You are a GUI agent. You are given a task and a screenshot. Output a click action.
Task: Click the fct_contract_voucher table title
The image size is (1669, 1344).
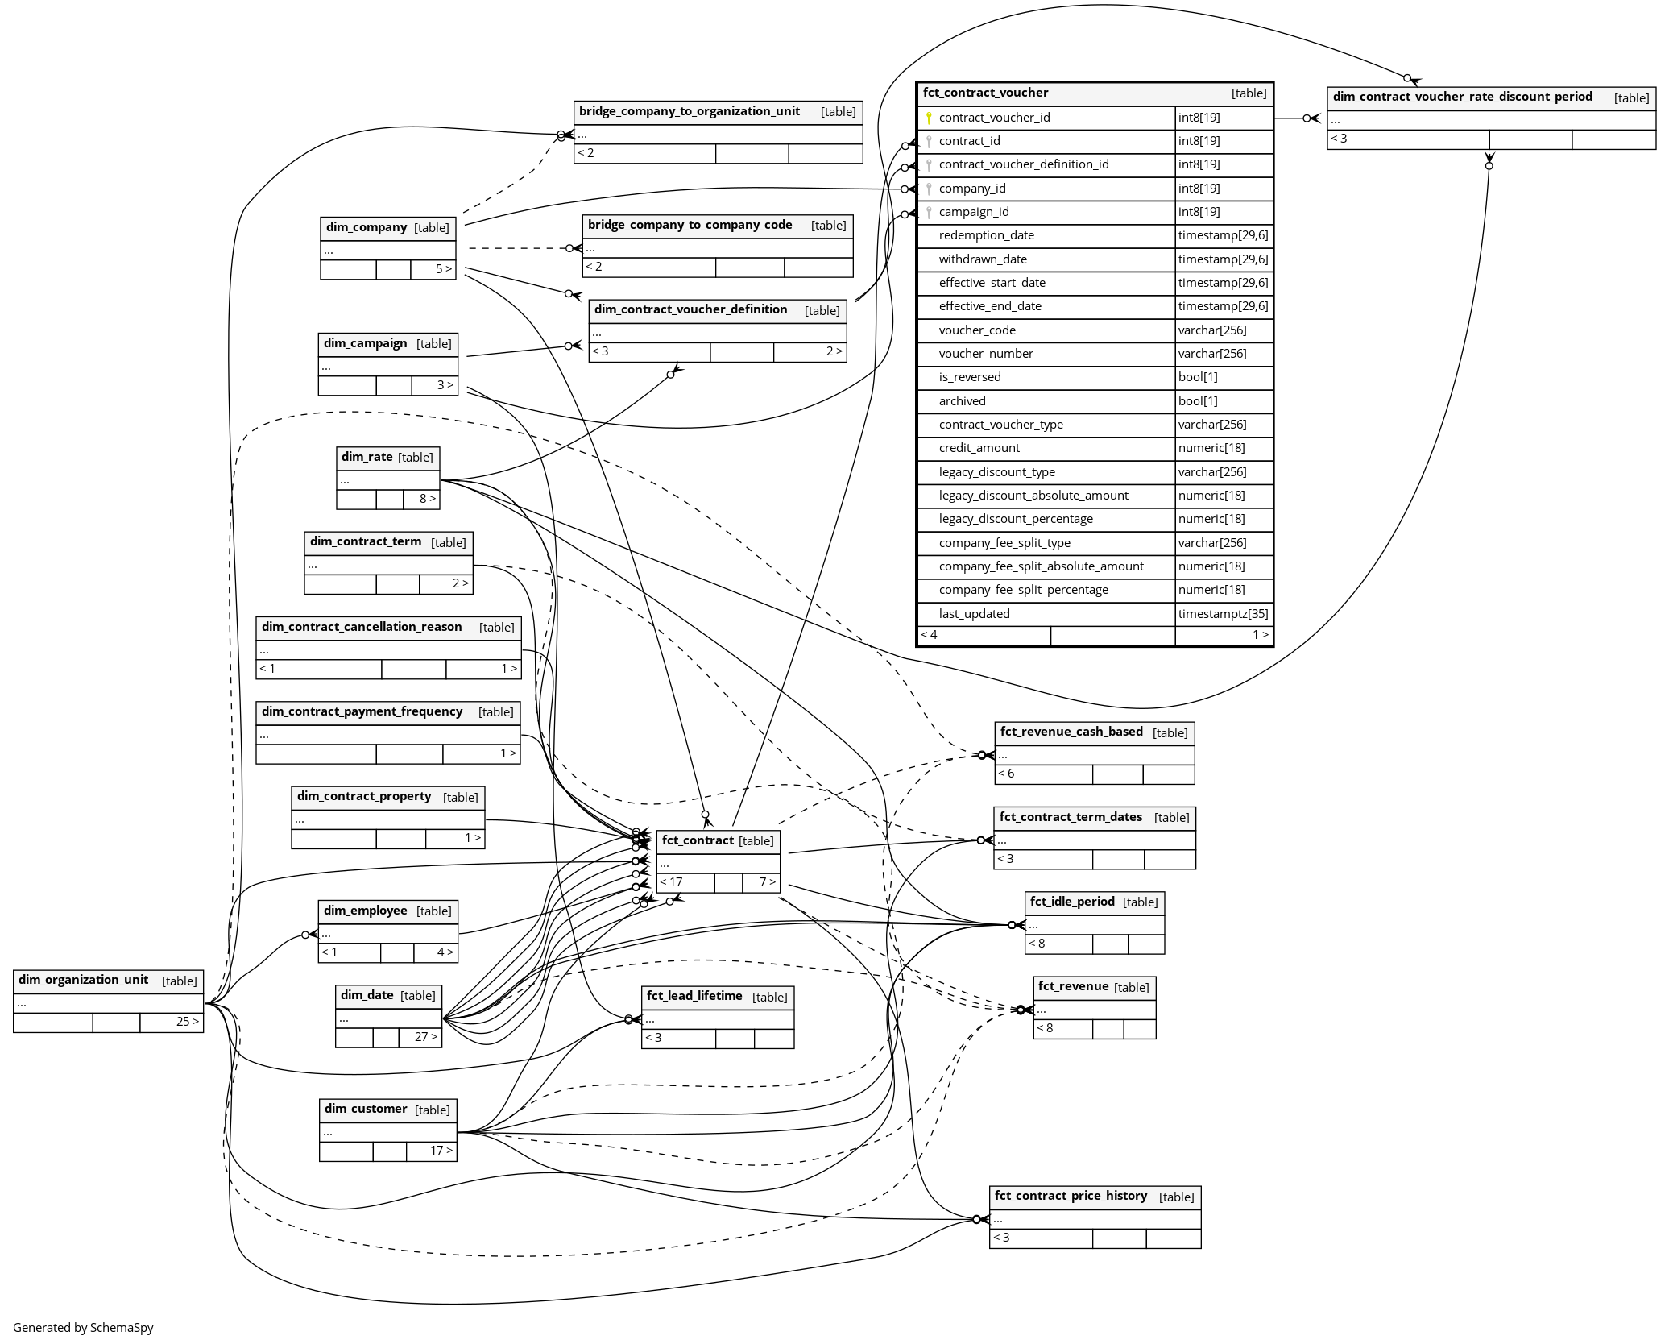click(985, 93)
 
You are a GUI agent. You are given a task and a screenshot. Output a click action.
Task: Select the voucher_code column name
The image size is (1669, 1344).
click(976, 330)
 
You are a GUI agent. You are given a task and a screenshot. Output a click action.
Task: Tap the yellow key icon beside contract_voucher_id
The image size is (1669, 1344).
click(929, 118)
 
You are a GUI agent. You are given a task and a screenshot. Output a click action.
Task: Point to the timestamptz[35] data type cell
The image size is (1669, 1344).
click(1222, 614)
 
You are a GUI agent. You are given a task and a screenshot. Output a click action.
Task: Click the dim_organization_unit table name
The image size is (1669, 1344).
click(83, 980)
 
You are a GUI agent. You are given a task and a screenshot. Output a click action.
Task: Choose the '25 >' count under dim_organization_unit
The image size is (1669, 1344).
click(188, 1022)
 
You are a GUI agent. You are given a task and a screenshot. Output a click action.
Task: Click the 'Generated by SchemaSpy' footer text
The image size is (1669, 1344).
click(83, 1328)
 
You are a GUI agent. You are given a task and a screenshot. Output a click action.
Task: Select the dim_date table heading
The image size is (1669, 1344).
click(367, 995)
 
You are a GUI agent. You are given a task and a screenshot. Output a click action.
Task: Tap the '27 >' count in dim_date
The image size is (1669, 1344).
click(425, 1037)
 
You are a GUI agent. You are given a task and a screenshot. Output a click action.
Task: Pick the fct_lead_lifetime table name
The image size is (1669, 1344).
click(694, 996)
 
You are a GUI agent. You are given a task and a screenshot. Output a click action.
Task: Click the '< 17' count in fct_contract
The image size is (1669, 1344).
click(671, 882)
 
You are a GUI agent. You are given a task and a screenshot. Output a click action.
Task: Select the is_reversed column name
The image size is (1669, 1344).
click(969, 377)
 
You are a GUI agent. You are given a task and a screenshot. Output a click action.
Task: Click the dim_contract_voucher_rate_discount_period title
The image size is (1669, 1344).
click(1462, 97)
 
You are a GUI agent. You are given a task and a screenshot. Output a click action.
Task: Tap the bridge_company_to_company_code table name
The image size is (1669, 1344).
click(690, 225)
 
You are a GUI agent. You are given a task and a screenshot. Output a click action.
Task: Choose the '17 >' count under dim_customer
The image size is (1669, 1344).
click(441, 1151)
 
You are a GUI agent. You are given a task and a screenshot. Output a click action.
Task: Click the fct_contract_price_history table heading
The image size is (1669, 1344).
click(1071, 1196)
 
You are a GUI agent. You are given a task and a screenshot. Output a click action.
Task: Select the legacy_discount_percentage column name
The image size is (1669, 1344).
click(1015, 519)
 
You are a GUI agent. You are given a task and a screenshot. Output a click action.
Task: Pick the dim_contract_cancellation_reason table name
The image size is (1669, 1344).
click(362, 627)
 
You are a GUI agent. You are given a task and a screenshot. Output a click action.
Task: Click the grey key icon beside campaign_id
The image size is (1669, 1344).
click(929, 213)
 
